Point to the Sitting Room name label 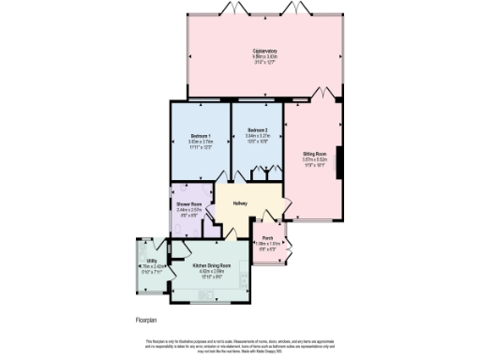(x=314, y=153)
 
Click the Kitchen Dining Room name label (x=211, y=266)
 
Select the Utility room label (x=151, y=262)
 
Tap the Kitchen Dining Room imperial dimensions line (x=211, y=277)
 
